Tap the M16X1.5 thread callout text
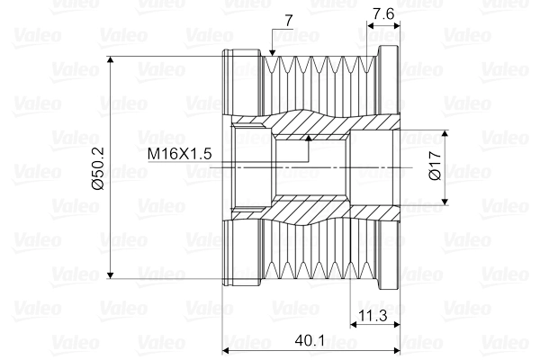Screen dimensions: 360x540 pos(180,155)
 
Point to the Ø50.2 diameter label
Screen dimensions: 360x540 pos(99,167)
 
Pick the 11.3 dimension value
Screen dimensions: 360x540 pos(373,316)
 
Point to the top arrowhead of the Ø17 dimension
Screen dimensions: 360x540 pos(447,135)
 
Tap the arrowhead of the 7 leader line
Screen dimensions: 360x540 pos(271,55)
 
